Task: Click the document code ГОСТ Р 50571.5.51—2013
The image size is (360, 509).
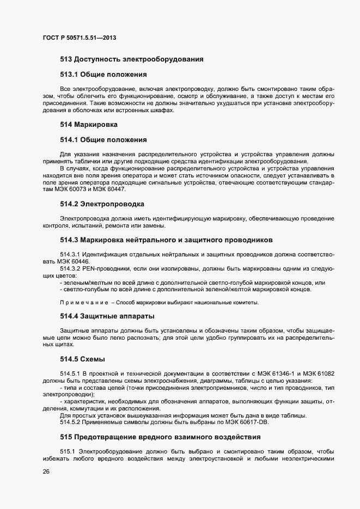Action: (78, 38)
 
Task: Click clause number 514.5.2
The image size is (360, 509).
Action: (70, 422)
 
